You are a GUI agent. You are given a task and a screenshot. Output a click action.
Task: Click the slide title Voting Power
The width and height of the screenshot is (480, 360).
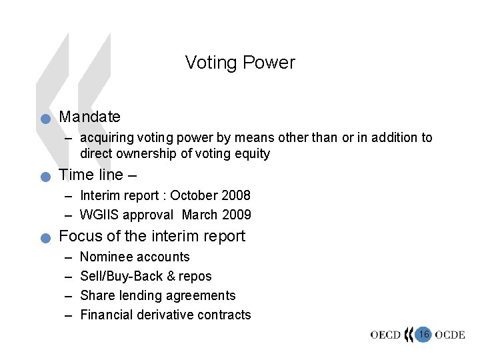[240, 63]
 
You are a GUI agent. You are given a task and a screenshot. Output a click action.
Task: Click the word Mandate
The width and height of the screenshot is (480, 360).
[90, 117]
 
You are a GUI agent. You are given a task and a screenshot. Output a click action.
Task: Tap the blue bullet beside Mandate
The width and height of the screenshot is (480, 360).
[45, 119]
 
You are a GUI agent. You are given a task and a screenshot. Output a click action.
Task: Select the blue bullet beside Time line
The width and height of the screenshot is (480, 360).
[45, 177]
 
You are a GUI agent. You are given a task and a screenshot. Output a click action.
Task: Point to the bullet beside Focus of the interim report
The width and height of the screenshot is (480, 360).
[45, 238]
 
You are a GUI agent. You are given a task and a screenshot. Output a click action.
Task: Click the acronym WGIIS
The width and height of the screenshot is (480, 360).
[101, 215]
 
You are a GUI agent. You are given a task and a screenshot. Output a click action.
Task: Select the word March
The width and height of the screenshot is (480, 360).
[199, 215]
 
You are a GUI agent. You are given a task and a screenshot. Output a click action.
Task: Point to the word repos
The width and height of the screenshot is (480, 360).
[195, 276]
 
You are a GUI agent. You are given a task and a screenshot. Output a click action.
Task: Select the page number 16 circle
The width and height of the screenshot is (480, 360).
[423, 333]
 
